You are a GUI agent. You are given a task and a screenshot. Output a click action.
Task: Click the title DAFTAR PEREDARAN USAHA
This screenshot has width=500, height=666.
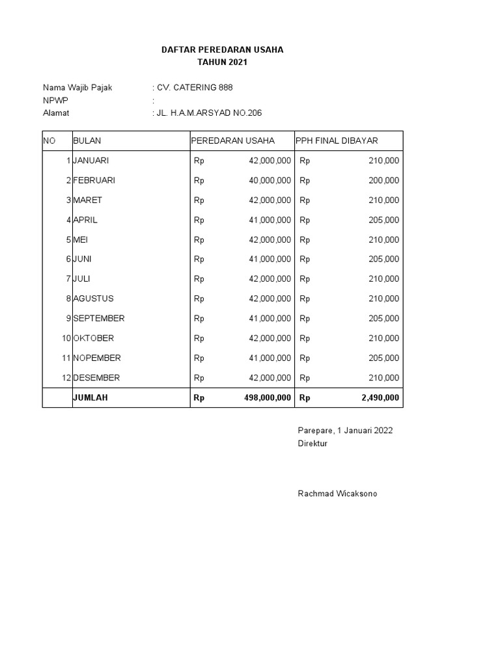coord(222,49)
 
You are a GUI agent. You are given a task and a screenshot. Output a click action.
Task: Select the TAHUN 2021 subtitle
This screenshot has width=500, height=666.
coord(222,62)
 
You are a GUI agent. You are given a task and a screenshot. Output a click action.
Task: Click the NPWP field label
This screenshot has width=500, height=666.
coord(55,100)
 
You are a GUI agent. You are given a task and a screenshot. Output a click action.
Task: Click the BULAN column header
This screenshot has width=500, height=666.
coord(87,141)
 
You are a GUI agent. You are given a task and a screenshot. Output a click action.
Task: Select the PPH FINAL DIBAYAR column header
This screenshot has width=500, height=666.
coord(337,141)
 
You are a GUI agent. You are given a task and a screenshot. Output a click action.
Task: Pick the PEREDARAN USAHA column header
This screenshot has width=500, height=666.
coord(232,141)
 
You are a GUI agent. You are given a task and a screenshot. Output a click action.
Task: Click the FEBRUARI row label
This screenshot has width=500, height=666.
coord(94,180)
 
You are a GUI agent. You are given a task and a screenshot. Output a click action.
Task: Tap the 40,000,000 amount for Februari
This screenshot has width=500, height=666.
coord(270,180)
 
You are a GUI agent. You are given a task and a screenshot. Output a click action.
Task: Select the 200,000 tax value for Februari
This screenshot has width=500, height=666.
coord(384,180)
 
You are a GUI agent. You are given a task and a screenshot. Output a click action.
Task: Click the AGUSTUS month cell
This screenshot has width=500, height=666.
coord(93,299)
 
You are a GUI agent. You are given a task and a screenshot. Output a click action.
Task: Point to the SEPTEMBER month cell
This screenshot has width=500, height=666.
coord(99,319)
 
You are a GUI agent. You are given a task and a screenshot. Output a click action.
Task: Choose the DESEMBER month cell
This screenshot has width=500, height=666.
coord(96,378)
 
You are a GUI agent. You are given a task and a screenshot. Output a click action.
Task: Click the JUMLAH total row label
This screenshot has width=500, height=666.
coord(90,398)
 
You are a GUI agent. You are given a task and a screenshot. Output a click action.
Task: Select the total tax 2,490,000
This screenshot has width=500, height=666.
coord(380,398)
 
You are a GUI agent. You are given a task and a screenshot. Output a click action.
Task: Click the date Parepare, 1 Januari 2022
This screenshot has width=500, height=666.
coord(345,431)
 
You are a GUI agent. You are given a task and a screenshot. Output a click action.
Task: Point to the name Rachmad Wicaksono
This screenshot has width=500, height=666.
coord(337,494)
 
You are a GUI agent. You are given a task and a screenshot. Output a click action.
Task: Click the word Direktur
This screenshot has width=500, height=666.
coord(312,444)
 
